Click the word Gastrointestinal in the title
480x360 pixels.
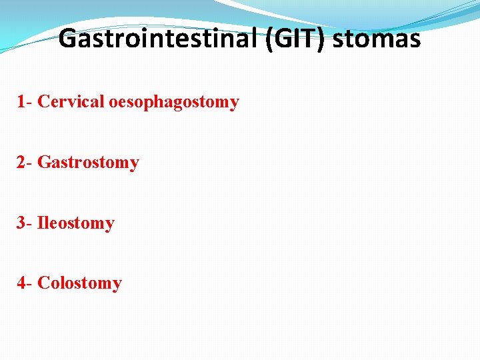tap(158, 39)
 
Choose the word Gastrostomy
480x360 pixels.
tap(88, 163)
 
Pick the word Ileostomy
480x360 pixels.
tap(76, 223)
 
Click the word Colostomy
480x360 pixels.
tap(79, 283)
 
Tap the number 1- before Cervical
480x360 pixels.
tap(25, 102)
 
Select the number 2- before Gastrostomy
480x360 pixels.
tap(25, 163)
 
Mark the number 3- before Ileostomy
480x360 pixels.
tap(25, 223)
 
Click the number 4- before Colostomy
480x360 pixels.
tap(25, 283)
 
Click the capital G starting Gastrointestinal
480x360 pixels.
tap(67, 39)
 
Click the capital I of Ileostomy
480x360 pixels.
tap(41, 223)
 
